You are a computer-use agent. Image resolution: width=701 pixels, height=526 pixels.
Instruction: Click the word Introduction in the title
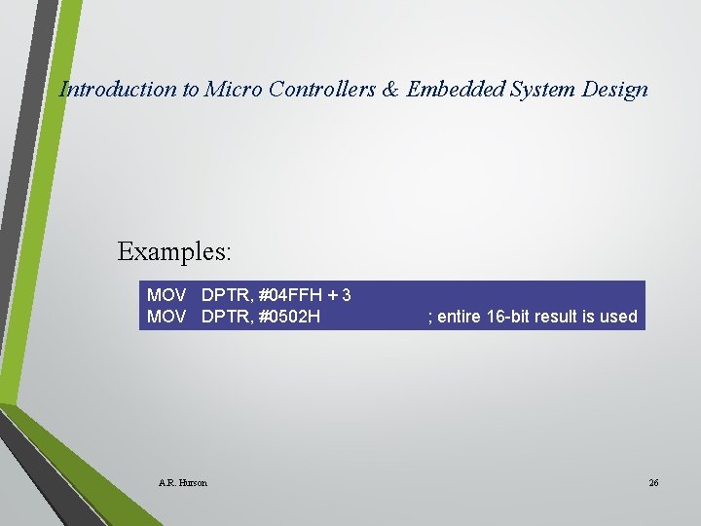(119, 90)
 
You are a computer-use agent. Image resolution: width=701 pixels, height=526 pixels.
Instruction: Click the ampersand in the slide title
(389, 90)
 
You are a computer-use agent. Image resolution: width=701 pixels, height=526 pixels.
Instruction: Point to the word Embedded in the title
(453, 90)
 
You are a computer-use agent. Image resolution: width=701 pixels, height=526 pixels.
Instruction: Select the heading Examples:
(174, 251)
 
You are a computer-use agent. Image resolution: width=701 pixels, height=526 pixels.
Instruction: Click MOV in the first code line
(166, 295)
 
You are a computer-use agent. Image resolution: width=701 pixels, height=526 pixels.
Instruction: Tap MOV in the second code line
(166, 317)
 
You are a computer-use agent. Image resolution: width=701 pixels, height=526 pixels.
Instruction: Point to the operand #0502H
(289, 317)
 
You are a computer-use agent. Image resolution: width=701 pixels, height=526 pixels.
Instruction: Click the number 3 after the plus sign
(347, 295)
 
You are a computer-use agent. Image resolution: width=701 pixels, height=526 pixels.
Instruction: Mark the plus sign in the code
(333, 295)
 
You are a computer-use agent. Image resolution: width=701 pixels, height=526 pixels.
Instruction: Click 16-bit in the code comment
(510, 317)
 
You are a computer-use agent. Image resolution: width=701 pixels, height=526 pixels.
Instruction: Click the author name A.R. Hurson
(182, 483)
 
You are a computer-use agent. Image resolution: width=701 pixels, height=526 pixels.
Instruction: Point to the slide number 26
(653, 483)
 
